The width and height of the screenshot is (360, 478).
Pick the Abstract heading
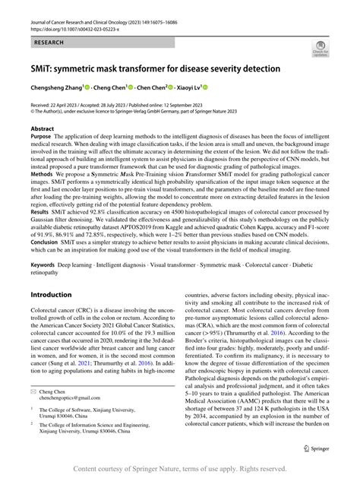42,130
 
